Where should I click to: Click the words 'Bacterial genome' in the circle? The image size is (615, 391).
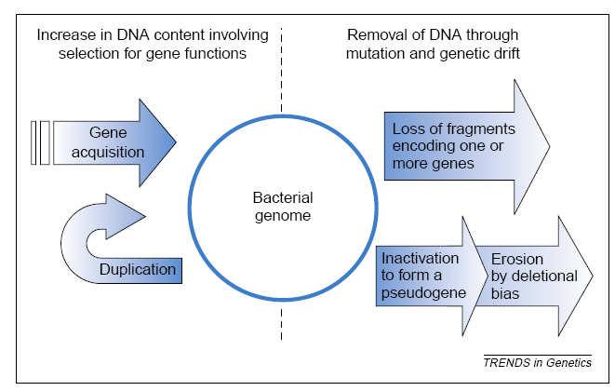click(x=283, y=207)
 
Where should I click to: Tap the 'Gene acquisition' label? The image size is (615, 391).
click(x=108, y=142)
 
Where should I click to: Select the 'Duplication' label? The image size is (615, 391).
click(x=138, y=269)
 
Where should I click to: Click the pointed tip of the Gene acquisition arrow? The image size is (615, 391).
click(x=176, y=142)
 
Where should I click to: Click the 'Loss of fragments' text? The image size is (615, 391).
click(x=454, y=128)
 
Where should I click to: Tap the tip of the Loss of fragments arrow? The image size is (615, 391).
click(x=550, y=146)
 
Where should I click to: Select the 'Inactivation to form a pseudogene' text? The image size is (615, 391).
click(x=423, y=276)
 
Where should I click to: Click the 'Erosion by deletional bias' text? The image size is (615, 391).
click(x=534, y=276)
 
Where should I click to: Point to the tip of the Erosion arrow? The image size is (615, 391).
click(x=593, y=276)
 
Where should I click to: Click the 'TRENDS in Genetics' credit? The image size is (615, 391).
click(x=538, y=362)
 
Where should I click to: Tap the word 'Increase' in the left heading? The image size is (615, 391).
click(x=66, y=35)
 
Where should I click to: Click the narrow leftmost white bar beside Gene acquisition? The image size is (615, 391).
click(x=33, y=142)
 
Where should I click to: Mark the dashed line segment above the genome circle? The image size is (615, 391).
click(x=282, y=70)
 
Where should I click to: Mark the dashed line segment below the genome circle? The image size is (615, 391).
click(x=282, y=324)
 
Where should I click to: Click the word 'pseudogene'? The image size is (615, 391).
click(x=423, y=293)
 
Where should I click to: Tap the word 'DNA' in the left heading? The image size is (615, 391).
click(x=133, y=35)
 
